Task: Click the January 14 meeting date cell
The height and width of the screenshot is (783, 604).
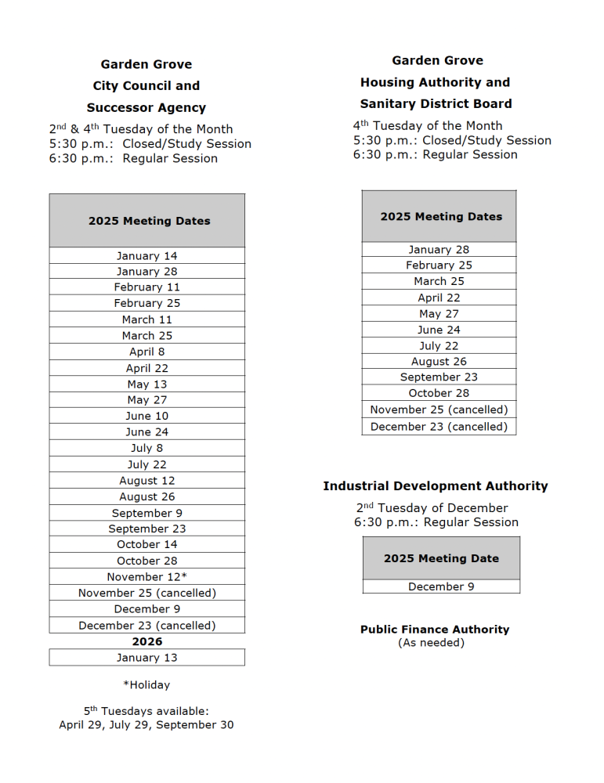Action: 147,256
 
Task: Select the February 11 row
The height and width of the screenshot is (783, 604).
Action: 147,287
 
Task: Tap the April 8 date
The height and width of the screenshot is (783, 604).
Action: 147,352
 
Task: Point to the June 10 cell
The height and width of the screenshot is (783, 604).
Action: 147,416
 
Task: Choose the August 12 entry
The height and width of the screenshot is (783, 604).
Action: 147,481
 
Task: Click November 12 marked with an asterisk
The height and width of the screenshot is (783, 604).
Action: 147,577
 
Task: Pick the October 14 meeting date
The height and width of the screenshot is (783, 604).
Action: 147,544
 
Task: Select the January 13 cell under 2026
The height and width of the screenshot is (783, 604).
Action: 147,658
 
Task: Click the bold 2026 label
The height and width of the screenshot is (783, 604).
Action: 147,641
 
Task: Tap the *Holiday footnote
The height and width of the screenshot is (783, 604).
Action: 146,685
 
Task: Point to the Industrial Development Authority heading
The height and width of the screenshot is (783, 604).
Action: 436,486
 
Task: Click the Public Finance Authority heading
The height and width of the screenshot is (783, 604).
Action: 435,630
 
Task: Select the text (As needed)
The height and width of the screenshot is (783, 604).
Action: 432,643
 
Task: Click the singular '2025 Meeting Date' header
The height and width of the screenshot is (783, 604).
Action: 441,558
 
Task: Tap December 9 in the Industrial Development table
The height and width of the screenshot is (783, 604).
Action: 441,586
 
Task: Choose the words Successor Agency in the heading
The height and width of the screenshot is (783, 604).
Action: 146,108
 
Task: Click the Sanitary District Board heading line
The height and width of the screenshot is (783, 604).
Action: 436,103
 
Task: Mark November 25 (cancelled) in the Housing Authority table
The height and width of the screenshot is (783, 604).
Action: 439,410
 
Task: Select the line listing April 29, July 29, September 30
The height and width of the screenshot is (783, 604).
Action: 146,725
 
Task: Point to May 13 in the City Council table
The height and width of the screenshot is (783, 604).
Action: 147,384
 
